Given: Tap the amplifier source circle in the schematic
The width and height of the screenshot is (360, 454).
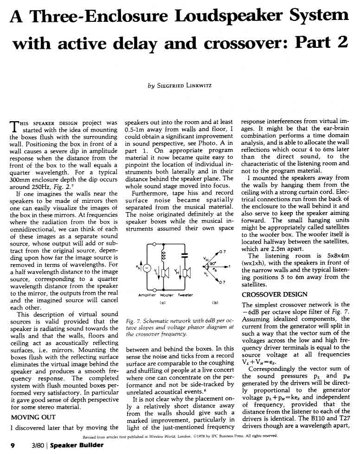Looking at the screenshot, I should pyautogui.click(x=147, y=269).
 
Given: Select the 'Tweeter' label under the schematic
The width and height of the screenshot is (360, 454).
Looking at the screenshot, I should pyautogui.click(x=186, y=295).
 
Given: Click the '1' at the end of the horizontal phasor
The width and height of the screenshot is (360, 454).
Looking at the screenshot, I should pyautogui.click(x=230, y=267).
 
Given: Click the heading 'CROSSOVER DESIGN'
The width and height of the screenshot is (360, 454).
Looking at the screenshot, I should pyautogui.click(x=275, y=294).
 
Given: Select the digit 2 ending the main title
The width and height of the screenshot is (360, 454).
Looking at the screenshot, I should pyautogui.click(x=342, y=43).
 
